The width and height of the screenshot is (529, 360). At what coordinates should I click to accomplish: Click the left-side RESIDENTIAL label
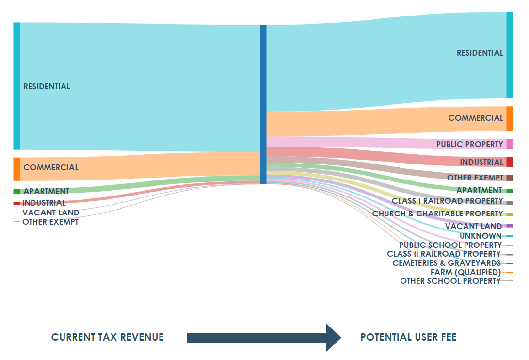47,86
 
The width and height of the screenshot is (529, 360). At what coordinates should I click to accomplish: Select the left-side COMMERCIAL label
50,167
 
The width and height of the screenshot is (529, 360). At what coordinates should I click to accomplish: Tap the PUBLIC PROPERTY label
469,144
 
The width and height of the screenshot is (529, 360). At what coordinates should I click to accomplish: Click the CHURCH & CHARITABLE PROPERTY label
437,213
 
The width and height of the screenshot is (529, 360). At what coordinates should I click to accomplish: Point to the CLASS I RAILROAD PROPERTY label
447,201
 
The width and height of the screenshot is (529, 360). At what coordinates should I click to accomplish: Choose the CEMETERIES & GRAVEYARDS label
446,263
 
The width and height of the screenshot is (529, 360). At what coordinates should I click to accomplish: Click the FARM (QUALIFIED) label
465,272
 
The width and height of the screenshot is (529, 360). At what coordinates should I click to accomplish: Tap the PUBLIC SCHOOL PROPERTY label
450,245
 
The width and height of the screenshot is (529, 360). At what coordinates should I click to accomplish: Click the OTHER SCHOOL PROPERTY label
450,281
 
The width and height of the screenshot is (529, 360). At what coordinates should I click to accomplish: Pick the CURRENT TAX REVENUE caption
108,337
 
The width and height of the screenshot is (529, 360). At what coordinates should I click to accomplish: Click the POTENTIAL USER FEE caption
408,337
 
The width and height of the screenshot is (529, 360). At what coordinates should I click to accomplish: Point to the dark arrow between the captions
264,337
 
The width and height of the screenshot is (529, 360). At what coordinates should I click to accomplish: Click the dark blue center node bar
263,104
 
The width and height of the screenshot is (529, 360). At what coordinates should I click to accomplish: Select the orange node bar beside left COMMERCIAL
16,169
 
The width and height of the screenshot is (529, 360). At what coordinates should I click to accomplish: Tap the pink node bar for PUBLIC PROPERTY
509,144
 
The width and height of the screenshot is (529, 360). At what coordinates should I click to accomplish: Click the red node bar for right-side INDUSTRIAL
509,162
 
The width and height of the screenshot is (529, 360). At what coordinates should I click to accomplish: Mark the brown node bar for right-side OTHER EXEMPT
509,178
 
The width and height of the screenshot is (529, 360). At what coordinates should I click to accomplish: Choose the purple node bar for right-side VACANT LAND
509,226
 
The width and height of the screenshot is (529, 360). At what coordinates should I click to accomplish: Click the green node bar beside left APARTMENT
16,191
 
